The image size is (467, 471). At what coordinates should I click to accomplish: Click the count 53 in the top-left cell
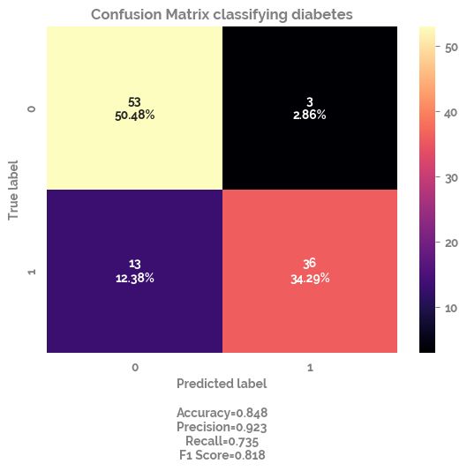tap(134, 102)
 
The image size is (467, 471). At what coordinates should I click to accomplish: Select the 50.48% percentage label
tap(134, 115)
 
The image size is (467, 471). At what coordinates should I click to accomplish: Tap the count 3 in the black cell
tap(309, 102)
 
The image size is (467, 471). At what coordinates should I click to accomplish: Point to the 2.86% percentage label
tap(309, 115)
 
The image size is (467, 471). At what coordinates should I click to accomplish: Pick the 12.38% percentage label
tap(134, 278)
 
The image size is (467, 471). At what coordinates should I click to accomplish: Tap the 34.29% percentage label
tap(309, 278)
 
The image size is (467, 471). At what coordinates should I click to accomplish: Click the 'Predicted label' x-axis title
tap(221, 385)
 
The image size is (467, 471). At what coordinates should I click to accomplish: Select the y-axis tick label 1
tap(33, 271)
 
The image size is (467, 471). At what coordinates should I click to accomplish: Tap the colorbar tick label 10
tap(450, 308)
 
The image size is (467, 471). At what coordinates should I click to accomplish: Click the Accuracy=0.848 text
tap(221, 413)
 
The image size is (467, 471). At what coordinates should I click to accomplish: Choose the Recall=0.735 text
tap(221, 441)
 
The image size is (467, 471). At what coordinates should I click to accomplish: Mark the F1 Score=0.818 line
tap(221, 455)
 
